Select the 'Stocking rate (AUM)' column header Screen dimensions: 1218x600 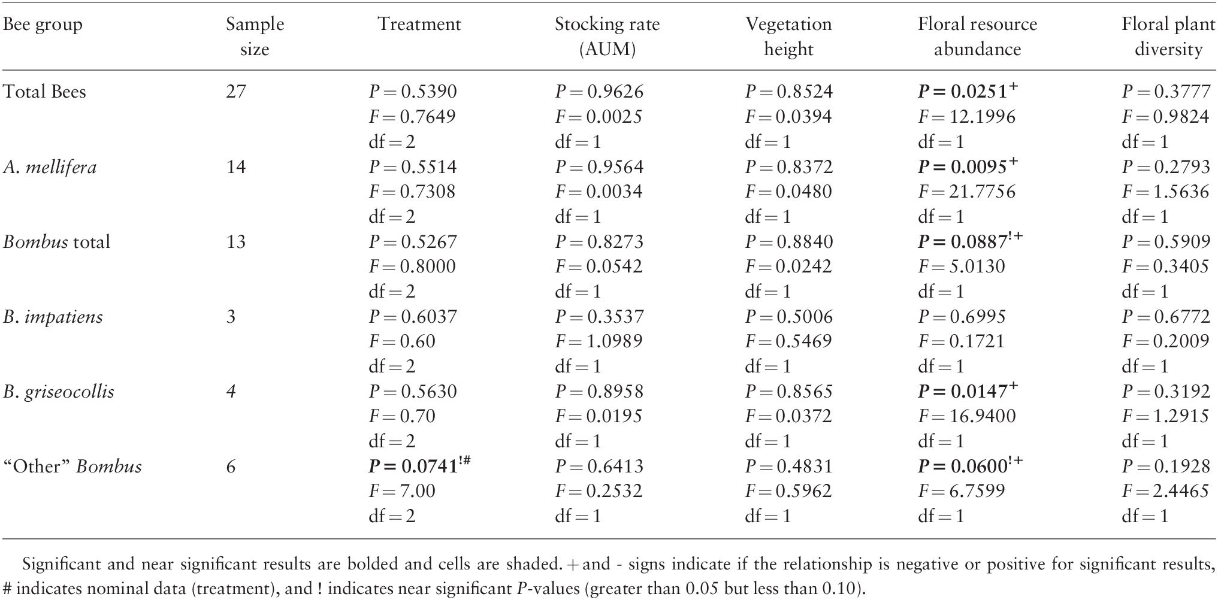607,37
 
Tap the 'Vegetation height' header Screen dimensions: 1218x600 788,37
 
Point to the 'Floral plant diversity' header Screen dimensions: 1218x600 1168,37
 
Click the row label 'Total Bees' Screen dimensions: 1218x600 45,92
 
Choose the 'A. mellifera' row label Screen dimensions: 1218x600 50,166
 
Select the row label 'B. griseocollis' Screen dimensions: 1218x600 59,392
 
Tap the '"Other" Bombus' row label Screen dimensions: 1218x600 72,466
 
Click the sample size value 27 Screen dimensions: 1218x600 236,92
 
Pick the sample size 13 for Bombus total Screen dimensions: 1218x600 236,241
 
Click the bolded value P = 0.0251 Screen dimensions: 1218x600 967,91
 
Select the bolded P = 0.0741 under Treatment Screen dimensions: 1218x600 418,466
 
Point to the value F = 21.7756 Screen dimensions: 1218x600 967,192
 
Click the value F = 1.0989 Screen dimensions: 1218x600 599,341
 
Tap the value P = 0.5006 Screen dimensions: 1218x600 789,316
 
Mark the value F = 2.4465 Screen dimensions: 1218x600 1165,491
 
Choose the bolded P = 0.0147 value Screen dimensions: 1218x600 967,390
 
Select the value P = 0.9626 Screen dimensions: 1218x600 599,92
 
